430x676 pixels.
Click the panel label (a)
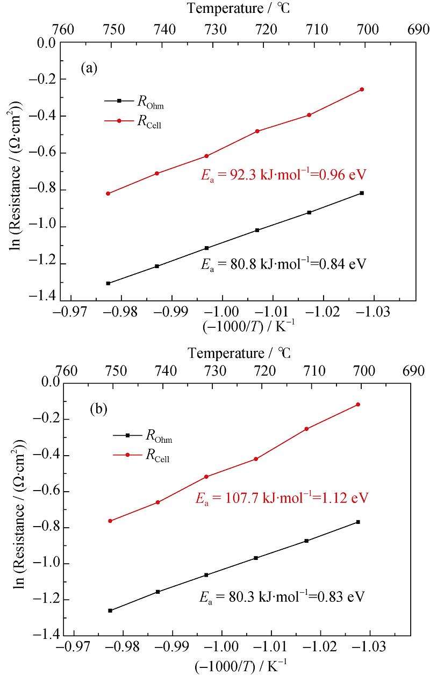coord(89,68)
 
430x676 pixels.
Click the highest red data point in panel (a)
coord(362,89)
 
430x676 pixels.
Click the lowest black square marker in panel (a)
coord(108,283)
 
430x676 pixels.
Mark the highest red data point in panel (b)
coord(357,404)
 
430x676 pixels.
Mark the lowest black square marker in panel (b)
coord(110,610)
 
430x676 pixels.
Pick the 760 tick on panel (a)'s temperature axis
coord(71,28)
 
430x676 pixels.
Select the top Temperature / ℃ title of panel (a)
coord(239,9)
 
